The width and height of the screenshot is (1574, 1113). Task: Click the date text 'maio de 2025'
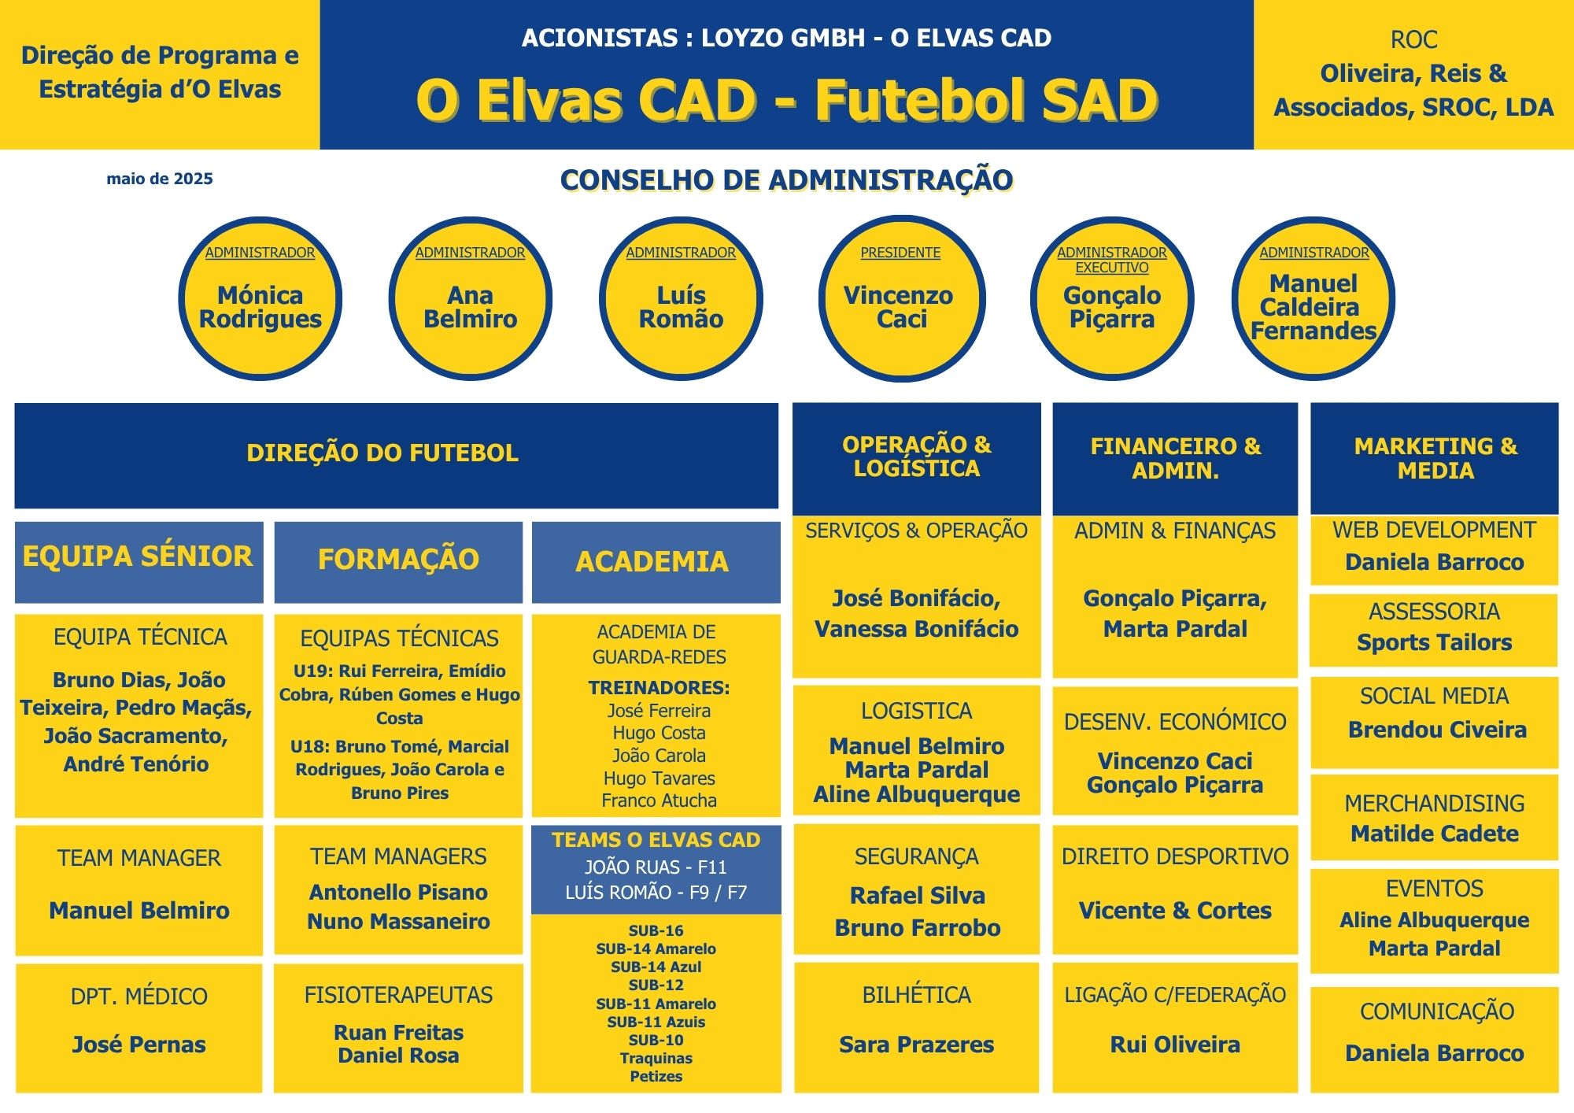(160, 179)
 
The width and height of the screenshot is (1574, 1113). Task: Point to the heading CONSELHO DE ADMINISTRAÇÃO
(786, 180)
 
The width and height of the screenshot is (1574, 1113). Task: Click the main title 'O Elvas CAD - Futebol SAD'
(787, 101)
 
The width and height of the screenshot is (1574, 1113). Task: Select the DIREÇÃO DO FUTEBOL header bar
(397, 455)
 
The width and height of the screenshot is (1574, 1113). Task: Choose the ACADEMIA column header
(656, 562)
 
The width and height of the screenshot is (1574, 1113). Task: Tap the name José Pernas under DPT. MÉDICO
(139, 1045)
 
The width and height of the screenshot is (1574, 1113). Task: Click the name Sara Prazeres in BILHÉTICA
(917, 1045)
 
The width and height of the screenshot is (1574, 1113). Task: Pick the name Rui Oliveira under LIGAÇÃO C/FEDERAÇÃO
(1175, 1045)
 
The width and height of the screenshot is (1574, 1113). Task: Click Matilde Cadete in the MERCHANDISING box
(1435, 834)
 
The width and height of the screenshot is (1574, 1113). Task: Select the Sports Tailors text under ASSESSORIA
(1435, 642)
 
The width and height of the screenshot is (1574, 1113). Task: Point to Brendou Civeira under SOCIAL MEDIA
(1437, 730)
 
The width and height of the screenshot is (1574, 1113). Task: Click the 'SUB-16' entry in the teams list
(656, 930)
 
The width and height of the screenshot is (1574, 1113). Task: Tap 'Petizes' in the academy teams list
(656, 1076)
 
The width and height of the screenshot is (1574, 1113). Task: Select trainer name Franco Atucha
(660, 801)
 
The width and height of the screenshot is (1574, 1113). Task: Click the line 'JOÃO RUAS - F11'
(656, 867)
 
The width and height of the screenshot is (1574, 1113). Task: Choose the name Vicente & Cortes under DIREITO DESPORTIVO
(1175, 911)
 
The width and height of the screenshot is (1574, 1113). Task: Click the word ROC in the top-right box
(1413, 39)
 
